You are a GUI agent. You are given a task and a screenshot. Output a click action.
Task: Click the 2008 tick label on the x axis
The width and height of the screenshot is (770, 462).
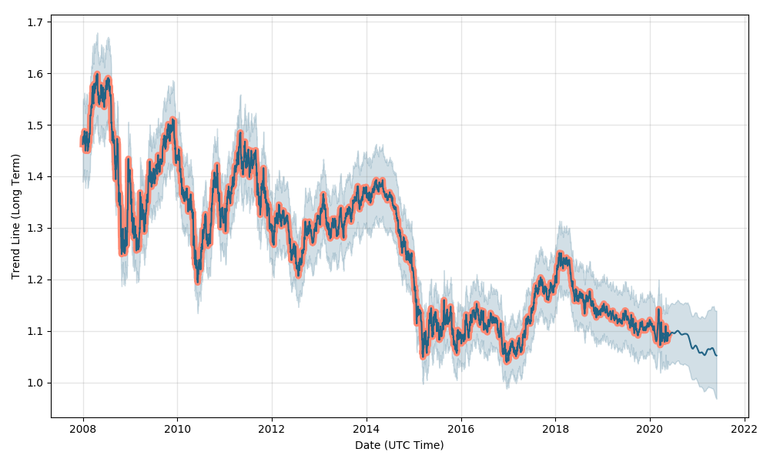83,430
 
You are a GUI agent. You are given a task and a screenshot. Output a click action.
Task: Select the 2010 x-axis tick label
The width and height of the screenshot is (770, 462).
177,430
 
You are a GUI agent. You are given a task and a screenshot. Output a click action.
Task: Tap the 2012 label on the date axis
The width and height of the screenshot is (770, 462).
272,430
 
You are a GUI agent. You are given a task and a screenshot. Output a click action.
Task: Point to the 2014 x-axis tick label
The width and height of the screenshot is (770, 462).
367,430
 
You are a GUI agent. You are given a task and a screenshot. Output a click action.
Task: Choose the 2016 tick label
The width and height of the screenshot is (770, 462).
461,430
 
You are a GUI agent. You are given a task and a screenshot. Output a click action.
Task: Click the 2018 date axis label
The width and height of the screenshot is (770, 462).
556,430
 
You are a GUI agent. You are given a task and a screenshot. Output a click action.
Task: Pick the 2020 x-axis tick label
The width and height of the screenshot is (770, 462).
650,430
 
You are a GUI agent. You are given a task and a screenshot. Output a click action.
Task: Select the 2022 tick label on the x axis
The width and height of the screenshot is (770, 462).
745,430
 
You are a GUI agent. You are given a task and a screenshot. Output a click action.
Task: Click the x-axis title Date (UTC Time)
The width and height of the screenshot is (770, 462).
399,445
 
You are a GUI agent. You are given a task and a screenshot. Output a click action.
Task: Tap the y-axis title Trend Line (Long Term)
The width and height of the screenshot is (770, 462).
15,216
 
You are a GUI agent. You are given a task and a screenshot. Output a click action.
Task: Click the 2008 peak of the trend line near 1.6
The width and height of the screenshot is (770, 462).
97,75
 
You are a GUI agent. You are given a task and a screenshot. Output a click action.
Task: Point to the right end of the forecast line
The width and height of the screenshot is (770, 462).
716,355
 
